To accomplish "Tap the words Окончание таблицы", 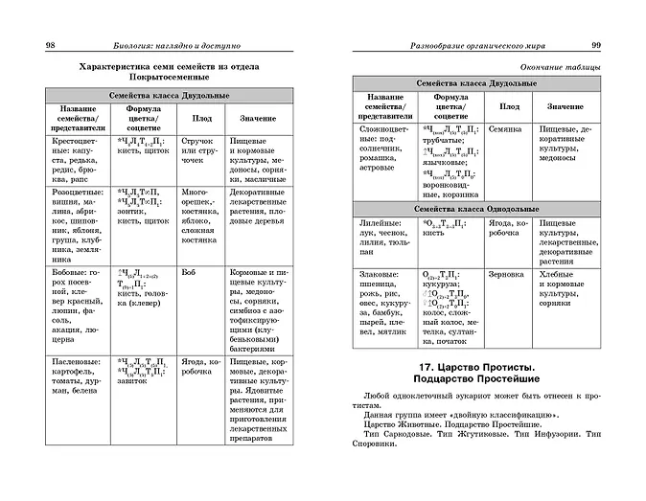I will (x=561, y=67).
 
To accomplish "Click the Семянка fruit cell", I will (x=504, y=126).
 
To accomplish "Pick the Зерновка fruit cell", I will (x=505, y=274).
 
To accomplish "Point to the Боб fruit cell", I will (x=188, y=273).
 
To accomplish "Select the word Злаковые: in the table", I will (x=380, y=274).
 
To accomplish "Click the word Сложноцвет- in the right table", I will (x=384, y=126).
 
